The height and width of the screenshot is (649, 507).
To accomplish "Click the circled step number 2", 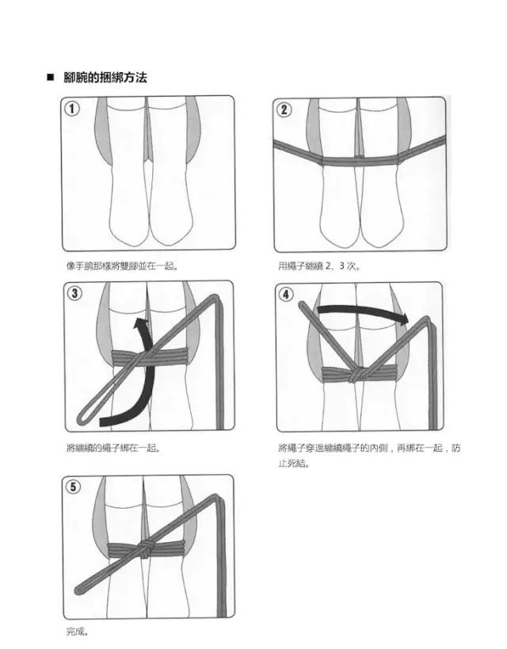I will tap(284, 109).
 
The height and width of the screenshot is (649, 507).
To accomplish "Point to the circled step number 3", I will tap(74, 294).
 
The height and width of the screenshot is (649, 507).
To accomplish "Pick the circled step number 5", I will tap(74, 487).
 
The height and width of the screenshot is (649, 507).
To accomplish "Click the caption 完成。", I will tap(77, 632).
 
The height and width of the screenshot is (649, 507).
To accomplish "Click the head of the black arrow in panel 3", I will tap(141, 323).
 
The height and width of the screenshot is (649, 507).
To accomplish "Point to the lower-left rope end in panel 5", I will tap(80, 590).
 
